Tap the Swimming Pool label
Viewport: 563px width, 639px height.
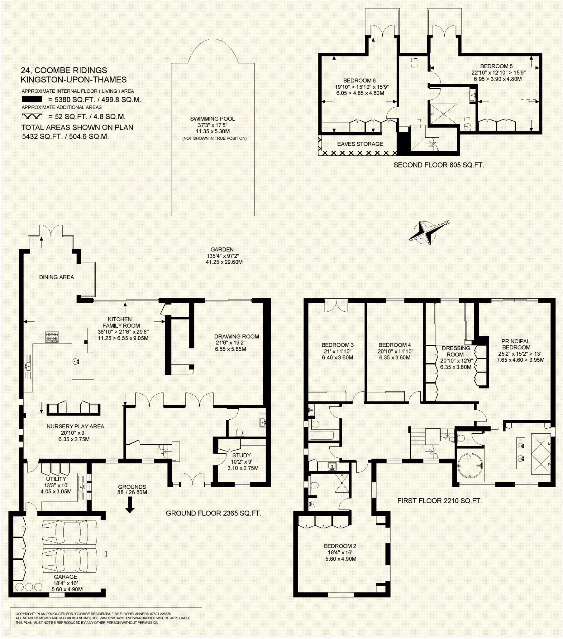(212, 119)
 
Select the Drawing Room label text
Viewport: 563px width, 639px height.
(236, 337)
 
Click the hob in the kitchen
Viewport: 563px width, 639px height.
(52, 337)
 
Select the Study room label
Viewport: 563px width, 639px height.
(241, 456)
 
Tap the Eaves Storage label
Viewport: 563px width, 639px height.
(360, 144)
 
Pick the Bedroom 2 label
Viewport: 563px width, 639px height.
(340, 546)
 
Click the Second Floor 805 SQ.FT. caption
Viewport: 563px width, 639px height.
(438, 165)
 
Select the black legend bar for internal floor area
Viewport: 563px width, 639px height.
(32, 100)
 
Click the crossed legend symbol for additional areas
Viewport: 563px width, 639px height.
(32, 116)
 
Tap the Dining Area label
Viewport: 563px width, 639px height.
(56, 277)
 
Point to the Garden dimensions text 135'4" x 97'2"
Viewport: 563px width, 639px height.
(223, 256)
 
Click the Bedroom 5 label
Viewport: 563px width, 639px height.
(496, 66)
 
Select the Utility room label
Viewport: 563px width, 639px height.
(56, 479)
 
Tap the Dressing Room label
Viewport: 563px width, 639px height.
(456, 351)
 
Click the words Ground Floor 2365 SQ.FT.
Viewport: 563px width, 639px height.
(213, 513)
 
